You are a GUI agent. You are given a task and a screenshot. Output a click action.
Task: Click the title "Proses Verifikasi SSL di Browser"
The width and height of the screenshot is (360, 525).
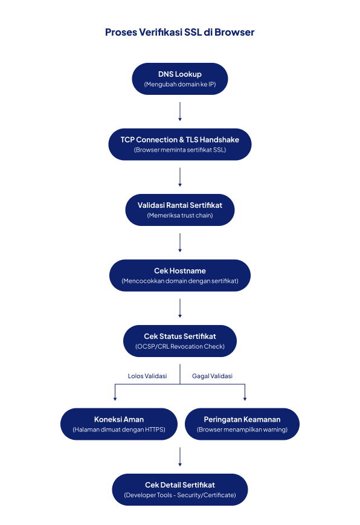(x=180, y=32)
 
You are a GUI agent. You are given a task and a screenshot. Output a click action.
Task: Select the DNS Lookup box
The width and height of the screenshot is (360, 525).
(x=180, y=79)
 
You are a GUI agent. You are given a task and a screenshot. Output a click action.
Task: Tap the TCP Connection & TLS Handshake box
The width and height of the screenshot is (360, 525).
(x=180, y=144)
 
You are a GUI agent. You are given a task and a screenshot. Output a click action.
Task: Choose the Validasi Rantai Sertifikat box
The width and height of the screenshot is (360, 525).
(x=180, y=210)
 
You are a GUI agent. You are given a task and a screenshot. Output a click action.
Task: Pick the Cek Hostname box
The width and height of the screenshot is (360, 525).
(x=180, y=275)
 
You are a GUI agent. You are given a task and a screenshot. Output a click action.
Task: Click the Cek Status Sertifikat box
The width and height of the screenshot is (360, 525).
(x=180, y=341)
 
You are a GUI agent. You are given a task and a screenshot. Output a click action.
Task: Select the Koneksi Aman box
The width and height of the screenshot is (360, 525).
(x=119, y=424)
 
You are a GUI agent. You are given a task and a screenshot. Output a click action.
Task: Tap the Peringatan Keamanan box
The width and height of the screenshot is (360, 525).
(x=242, y=424)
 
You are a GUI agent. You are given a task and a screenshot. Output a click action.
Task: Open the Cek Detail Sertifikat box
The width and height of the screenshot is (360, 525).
(x=180, y=489)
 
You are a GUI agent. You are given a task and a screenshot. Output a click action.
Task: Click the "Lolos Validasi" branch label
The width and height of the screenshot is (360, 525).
(x=147, y=376)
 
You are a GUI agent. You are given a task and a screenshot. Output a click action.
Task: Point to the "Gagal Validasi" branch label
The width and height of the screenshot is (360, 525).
(x=213, y=376)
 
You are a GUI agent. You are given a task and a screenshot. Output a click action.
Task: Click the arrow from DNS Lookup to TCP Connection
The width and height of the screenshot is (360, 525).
(x=180, y=112)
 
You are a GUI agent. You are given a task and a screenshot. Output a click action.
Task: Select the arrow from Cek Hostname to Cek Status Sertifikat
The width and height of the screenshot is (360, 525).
(x=180, y=308)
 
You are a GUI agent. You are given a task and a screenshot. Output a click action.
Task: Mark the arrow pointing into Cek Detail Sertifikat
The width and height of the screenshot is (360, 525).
(x=180, y=457)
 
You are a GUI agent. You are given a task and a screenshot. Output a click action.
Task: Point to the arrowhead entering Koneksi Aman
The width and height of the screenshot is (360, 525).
(x=115, y=399)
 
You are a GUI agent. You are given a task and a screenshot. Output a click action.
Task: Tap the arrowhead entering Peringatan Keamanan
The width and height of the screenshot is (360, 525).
(x=245, y=399)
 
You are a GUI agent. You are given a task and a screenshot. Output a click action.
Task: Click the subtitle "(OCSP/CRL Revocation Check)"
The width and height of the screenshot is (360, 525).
(x=180, y=347)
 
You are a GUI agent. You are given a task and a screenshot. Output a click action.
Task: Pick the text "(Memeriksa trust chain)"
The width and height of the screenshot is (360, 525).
(x=180, y=215)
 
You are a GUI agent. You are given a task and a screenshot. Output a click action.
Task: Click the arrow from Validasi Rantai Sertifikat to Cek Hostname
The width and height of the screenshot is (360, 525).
(x=180, y=243)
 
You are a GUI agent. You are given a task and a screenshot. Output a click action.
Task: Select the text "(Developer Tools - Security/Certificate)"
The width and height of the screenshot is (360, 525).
(x=180, y=495)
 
